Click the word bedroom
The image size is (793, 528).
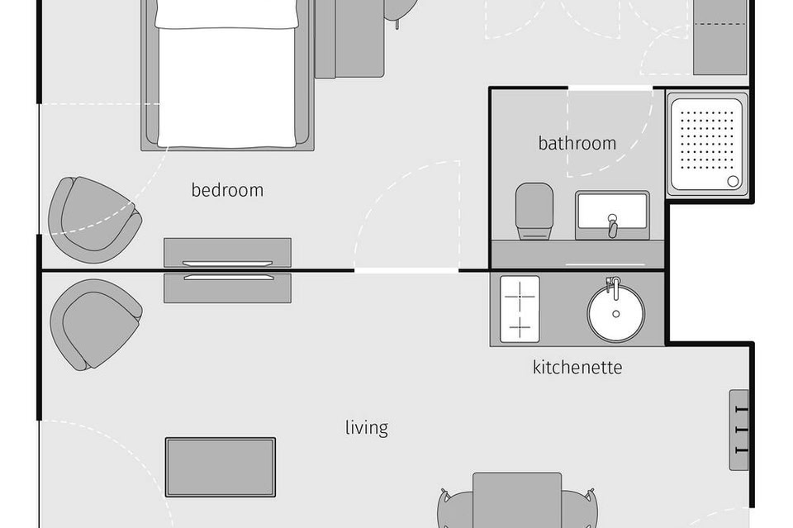point(227,190)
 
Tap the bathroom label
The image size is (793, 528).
point(577,143)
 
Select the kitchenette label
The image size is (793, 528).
point(577,367)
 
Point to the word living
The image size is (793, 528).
point(367,428)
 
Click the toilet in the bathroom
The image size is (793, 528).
point(534,211)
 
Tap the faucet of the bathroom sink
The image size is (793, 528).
point(612,226)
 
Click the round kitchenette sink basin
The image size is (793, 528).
point(616,313)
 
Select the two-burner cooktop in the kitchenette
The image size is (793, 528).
point(520,309)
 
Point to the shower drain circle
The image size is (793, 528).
point(733,181)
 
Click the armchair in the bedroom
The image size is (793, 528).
point(94,220)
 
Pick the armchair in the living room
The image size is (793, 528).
point(95,325)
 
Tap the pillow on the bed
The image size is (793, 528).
point(226,14)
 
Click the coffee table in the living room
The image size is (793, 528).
point(221,468)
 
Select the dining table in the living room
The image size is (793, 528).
point(517,500)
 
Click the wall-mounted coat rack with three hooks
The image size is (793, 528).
point(738,430)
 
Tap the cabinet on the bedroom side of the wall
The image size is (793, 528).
point(228,252)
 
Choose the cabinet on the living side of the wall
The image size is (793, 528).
point(228,288)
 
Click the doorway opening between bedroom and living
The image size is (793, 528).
point(406,271)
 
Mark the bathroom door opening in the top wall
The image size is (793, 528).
point(610,88)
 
